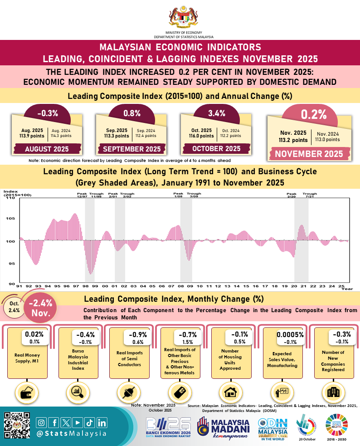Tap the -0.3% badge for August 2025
tap(47, 113)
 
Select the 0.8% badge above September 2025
tap(132, 113)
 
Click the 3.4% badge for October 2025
tap(217, 113)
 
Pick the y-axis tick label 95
tap(10, 263)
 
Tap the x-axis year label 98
tap(86, 287)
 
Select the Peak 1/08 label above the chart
tap(179, 195)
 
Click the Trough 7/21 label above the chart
tap(310, 195)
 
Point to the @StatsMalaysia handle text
tap(72, 433)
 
